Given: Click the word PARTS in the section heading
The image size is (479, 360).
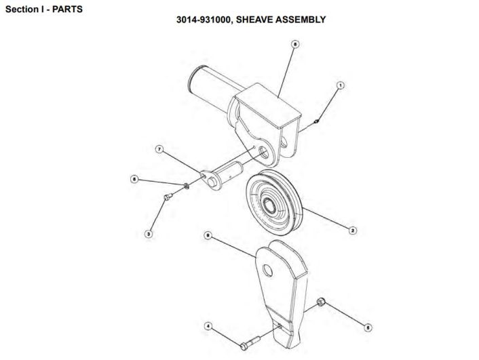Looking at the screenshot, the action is pos(67,9).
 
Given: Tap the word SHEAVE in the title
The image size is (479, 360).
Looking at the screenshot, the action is pos(254,20).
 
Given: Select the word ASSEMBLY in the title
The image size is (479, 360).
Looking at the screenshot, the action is pos(301,20).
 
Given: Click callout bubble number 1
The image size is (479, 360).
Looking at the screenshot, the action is pos(340,85).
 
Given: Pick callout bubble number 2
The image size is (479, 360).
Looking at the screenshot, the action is pos(353,231).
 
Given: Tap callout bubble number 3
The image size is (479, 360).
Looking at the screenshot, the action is pos(149,234).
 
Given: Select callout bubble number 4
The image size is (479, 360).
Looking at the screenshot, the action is pos(208,326).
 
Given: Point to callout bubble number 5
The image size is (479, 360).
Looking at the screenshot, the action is pos(368,327).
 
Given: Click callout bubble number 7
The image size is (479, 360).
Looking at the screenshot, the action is pos(159,149).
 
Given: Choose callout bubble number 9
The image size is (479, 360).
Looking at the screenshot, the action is pos(208,235).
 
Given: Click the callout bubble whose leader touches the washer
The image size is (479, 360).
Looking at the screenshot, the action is pos(134,179).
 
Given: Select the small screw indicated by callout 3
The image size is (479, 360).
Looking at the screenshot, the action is pos(168,197).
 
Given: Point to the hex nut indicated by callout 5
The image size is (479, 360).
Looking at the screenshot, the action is pos(321,302).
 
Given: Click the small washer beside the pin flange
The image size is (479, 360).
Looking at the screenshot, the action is pos(185,185).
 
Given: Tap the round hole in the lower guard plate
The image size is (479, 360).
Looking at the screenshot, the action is pos(267,271).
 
